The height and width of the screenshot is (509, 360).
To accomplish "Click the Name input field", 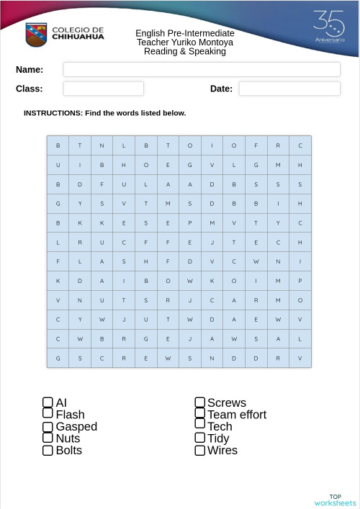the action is tap(202, 70).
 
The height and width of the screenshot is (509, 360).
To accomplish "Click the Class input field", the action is tap(104, 89).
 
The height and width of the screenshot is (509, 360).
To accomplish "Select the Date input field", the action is tap(289, 89).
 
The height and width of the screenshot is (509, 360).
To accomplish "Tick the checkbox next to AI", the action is tap(48, 402).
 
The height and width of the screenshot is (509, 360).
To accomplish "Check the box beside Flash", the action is tap(48, 413).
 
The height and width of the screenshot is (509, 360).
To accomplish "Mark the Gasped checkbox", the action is tap(48, 426).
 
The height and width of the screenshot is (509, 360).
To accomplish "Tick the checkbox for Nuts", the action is tap(48, 438).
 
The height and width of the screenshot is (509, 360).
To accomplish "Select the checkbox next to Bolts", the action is tap(48, 451).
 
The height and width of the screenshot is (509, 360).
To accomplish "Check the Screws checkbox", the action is tap(200, 402).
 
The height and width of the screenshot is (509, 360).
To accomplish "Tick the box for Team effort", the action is tap(200, 413).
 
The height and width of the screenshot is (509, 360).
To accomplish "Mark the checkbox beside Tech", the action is tap(200, 426).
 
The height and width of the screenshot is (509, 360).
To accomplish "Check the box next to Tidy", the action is tap(200, 438).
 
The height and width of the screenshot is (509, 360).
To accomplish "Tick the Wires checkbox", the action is tap(200, 451).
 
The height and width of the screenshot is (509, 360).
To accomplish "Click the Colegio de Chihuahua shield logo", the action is tap(36, 34).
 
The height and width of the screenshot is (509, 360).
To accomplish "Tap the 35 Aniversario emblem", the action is tap(329, 27).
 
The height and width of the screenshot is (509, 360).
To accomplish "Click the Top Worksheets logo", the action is tap(335, 500).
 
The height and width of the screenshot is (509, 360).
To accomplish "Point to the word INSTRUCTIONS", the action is tap(53, 113).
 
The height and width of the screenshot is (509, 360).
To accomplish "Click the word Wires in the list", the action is tap(222, 451).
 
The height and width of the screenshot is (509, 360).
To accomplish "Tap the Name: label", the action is tap(30, 70).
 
